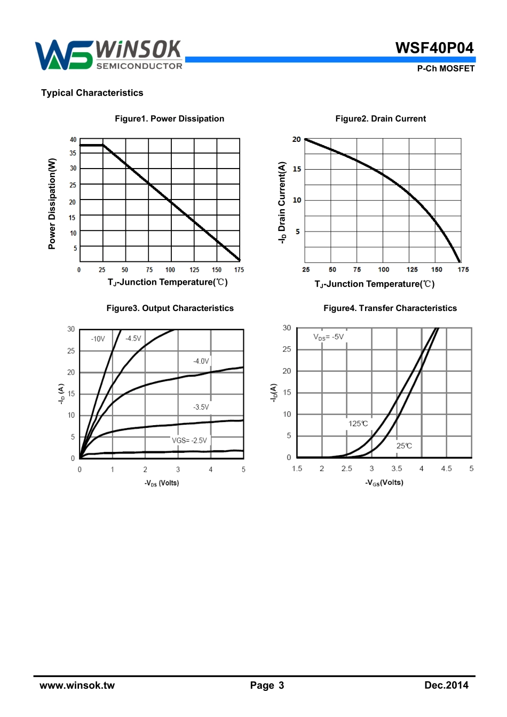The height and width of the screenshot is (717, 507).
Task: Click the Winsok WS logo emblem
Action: coord(63,55)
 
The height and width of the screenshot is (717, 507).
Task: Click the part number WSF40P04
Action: coord(434,48)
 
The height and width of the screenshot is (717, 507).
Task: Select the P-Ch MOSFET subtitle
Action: coord(446,68)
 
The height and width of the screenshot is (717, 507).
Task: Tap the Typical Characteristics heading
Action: coord(92,93)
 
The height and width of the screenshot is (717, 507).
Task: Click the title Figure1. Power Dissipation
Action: coord(169,118)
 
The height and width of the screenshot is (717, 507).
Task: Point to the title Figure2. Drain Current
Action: coord(381,118)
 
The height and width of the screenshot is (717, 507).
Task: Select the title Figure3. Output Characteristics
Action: coord(170,308)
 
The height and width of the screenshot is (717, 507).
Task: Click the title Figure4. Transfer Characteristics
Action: coord(390,308)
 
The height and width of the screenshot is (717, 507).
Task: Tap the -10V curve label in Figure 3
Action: coord(98,339)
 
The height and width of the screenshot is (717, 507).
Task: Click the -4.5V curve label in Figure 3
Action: coord(133,338)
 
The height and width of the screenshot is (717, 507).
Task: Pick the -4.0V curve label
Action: coord(201,361)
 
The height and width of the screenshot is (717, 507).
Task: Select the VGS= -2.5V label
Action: coord(189,440)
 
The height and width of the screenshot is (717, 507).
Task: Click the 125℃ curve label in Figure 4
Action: coord(358,424)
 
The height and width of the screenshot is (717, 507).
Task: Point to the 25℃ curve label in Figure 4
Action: coord(404,445)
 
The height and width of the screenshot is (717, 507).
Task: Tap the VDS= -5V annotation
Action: coord(329,337)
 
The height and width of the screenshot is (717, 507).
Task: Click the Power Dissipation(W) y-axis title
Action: coord(52,203)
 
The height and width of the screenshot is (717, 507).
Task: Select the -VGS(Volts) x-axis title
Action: coord(384,482)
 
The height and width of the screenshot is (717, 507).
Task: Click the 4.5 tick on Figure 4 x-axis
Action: coord(446,468)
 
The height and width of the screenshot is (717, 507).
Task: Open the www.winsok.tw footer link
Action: coord(77,686)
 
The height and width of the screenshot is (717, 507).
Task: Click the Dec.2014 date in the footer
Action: coord(446,686)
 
